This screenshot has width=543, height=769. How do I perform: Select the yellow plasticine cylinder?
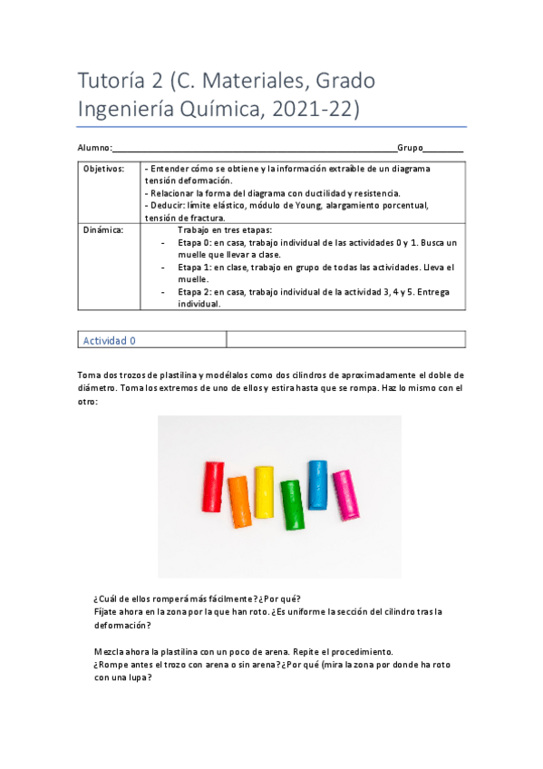[264, 492]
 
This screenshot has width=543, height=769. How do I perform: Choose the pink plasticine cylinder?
[344, 495]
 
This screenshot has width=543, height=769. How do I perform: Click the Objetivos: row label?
[103, 170]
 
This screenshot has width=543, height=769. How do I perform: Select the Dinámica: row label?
[102, 230]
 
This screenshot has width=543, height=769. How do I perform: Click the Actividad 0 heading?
[109, 341]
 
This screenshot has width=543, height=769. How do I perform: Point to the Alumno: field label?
[93, 148]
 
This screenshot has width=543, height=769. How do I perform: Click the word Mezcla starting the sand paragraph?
[110, 652]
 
